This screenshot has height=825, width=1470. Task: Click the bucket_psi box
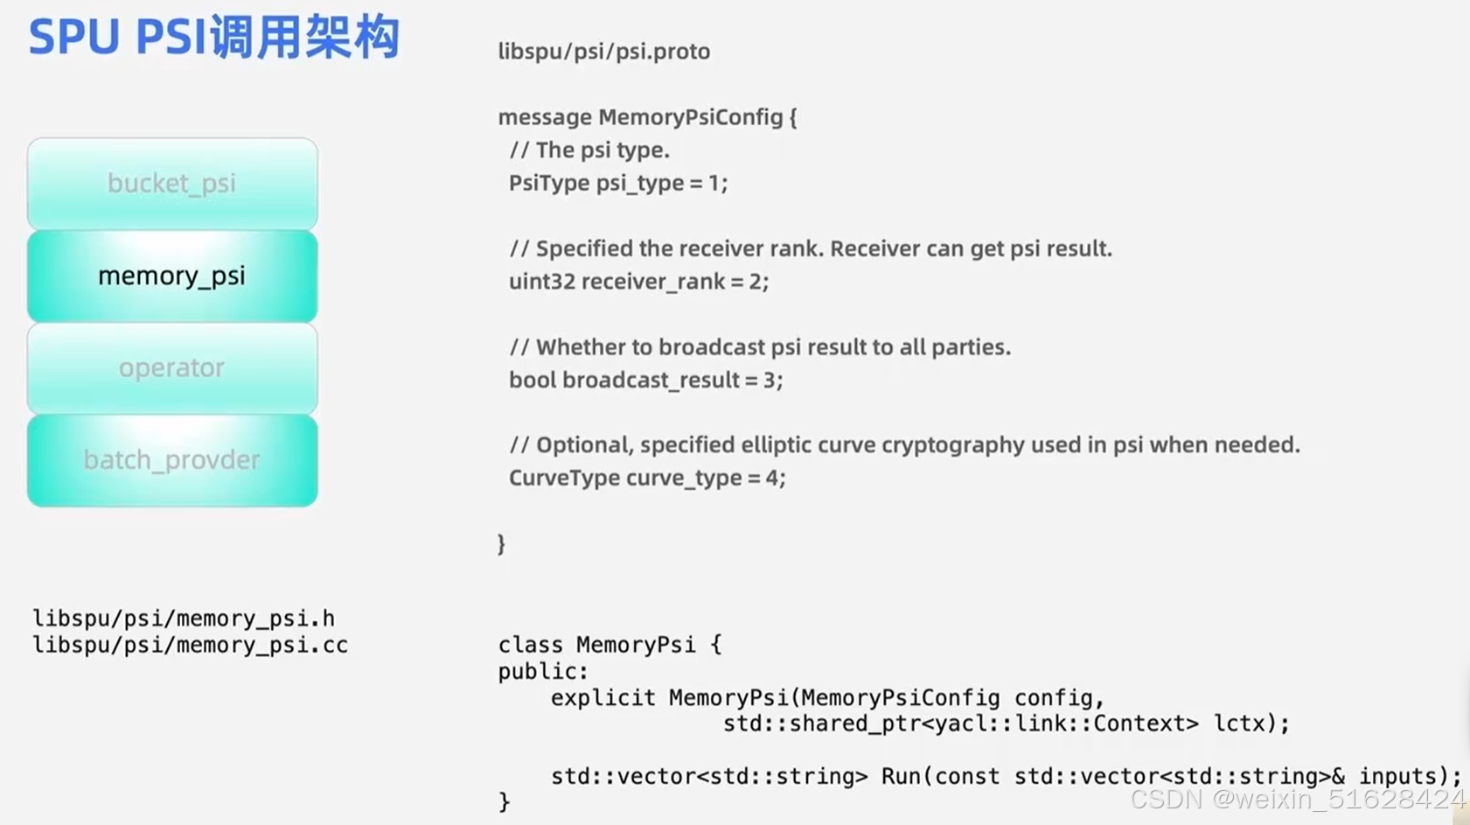coord(171,184)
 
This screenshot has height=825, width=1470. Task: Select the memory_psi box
coord(171,276)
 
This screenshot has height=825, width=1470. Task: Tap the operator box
coord(171,368)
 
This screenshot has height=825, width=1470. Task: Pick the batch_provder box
coord(171,460)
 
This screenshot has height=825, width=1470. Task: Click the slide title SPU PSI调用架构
coord(214,38)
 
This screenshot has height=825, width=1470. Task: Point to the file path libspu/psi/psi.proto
coord(603,52)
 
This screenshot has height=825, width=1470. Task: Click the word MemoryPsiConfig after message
coord(690,117)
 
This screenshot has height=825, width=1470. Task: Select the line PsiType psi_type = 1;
coord(617,183)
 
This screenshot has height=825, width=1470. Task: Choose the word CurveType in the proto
coord(564,478)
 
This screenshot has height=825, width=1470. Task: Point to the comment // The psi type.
coord(589,150)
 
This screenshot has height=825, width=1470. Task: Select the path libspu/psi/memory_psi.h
coord(184,619)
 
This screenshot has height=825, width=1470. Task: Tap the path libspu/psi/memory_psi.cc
coord(190,646)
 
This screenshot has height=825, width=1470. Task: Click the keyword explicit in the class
coord(603,698)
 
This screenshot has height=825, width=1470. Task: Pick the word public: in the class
coord(543,672)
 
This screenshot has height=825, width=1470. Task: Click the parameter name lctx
coord(1238,724)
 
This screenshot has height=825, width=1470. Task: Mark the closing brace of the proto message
coord(501,544)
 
